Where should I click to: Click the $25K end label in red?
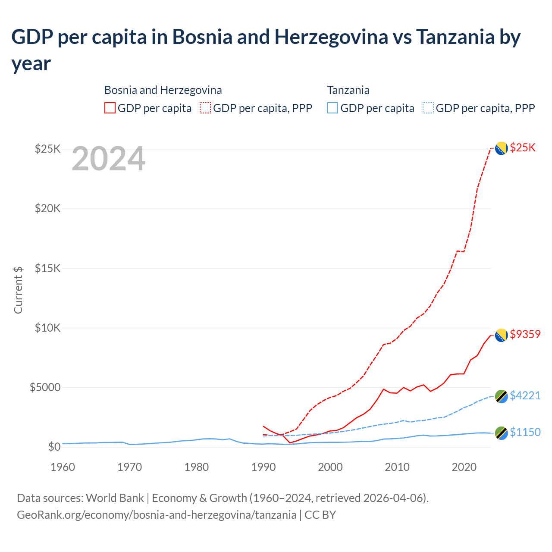click(x=522, y=148)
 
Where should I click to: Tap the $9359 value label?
click(x=525, y=334)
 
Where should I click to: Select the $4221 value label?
click(x=525, y=395)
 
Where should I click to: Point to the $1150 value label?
click(x=525, y=432)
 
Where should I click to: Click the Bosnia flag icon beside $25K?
click(x=501, y=148)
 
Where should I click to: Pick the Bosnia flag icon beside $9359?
click(x=501, y=335)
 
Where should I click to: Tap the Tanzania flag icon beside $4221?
click(x=501, y=396)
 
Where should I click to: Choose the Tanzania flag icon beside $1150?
click(x=501, y=433)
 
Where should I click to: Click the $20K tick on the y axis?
click(x=48, y=209)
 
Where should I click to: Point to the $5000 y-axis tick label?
click(x=45, y=387)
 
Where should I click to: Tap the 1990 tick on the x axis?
click(x=263, y=467)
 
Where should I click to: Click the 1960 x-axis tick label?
click(x=63, y=467)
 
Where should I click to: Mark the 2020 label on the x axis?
click(x=464, y=467)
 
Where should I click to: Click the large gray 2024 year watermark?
click(x=108, y=159)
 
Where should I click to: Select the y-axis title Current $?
click(x=18, y=290)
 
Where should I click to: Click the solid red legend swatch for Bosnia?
click(x=110, y=108)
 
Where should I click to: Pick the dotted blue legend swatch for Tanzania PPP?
click(x=428, y=108)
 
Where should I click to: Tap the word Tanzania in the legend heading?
click(x=348, y=90)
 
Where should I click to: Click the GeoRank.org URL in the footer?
click(x=157, y=515)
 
